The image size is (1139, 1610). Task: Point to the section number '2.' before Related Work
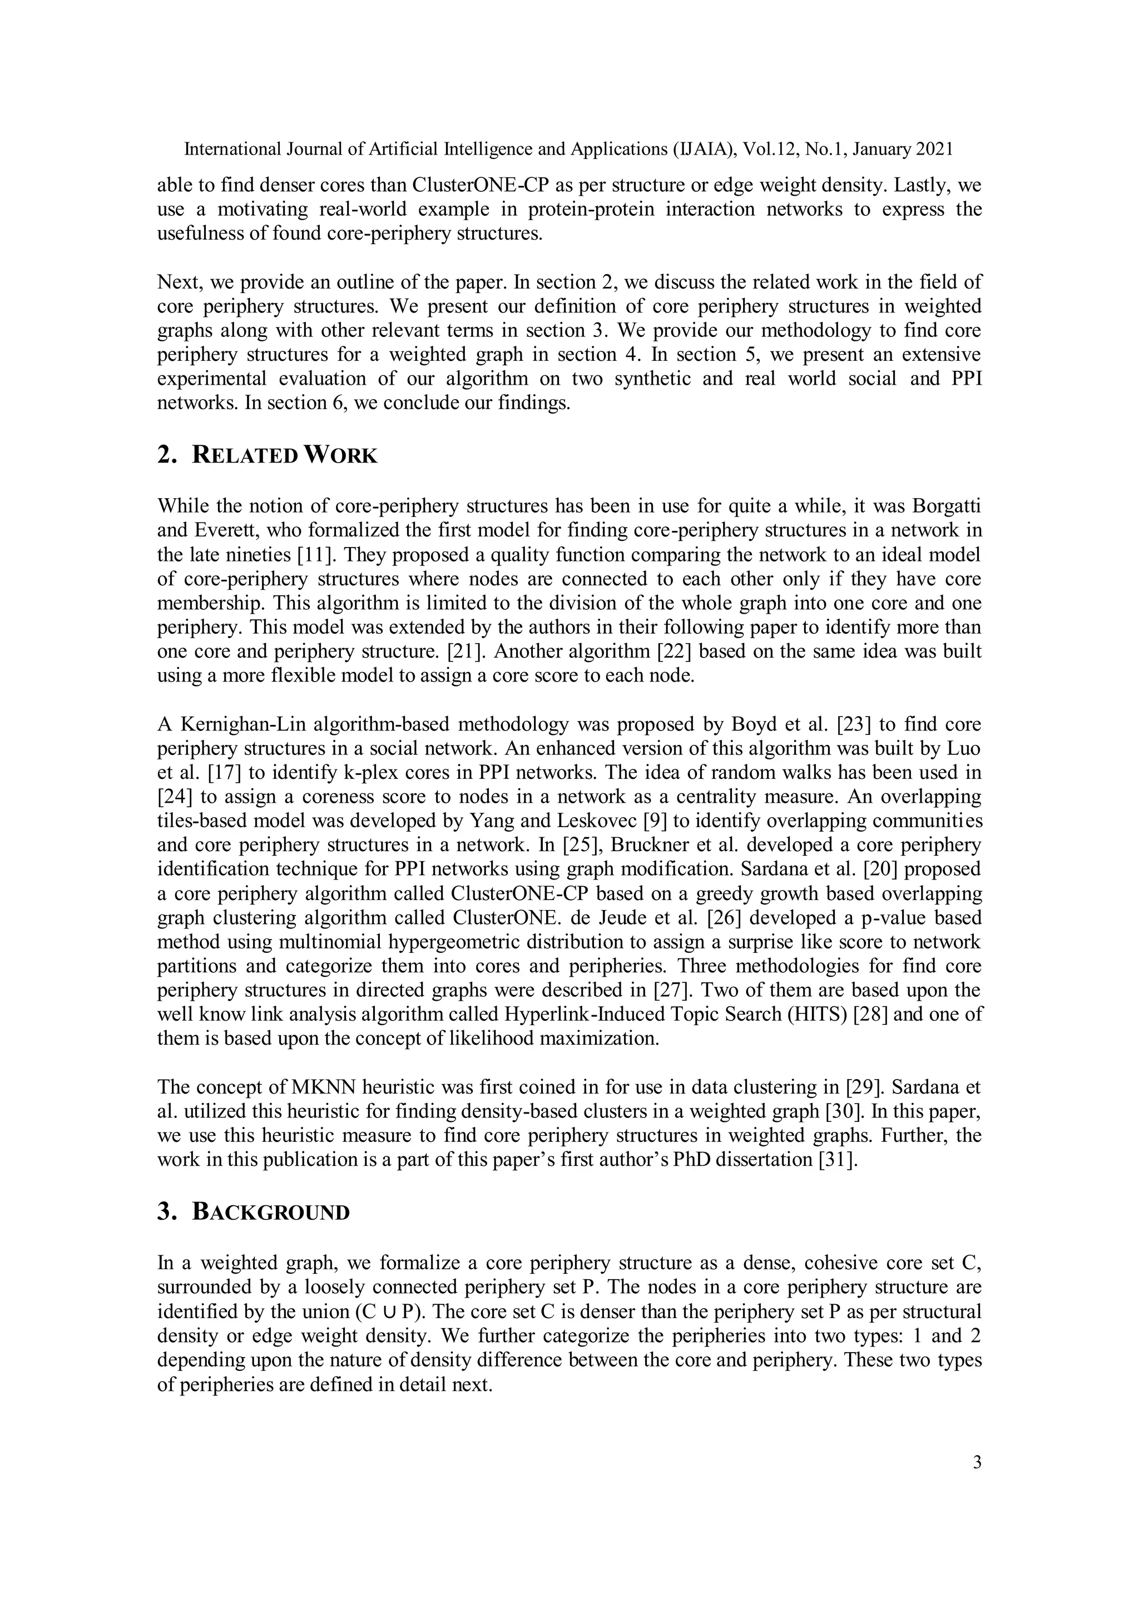click(x=166, y=455)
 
